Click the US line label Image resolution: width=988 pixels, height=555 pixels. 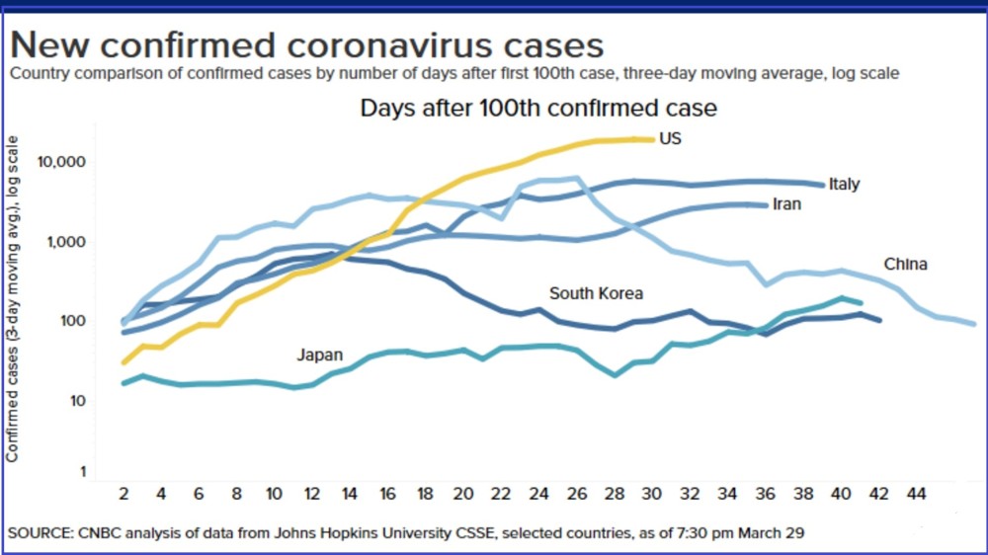[x=670, y=139]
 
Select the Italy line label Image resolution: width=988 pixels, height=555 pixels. [x=844, y=184]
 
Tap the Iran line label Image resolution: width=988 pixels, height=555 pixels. [x=786, y=204]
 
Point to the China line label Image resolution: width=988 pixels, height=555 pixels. [x=905, y=264]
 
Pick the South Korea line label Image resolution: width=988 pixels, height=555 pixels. [x=596, y=293]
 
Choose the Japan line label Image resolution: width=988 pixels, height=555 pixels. [x=320, y=355]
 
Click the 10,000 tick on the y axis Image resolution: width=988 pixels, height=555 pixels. [x=61, y=162]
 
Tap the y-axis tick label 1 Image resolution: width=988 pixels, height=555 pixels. [x=83, y=472]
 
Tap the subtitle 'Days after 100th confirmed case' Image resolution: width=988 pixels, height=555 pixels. [x=538, y=108]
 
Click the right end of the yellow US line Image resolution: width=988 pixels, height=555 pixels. [x=651, y=139]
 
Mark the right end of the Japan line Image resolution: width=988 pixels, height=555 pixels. [x=861, y=302]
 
